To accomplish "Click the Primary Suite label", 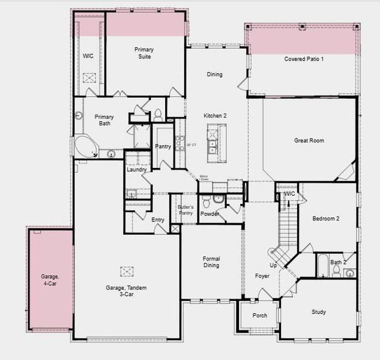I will coord(143,53).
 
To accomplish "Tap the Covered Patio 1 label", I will coord(304,59).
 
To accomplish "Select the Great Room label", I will coord(309,140).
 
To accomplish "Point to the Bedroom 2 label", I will coord(325,218).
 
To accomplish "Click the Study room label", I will coord(318,312).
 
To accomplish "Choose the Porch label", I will coord(260,316).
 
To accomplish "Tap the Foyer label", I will coord(262,276).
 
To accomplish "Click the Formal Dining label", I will coord(211,262).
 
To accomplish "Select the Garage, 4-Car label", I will coord(50,280).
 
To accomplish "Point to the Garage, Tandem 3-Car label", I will coord(126,291).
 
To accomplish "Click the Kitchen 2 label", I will coord(215,115).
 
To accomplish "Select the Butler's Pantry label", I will coord(185,210).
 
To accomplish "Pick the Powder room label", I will coord(210,214).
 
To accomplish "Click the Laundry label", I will coord(137,170).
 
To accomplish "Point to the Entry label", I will coord(158,220).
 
